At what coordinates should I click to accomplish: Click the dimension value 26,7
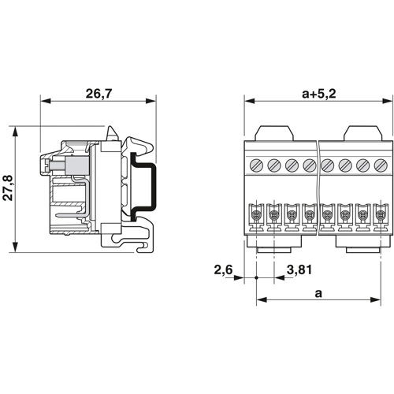click(99, 94)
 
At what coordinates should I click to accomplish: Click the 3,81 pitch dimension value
click(298, 271)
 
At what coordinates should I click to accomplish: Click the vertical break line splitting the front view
click(318, 189)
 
